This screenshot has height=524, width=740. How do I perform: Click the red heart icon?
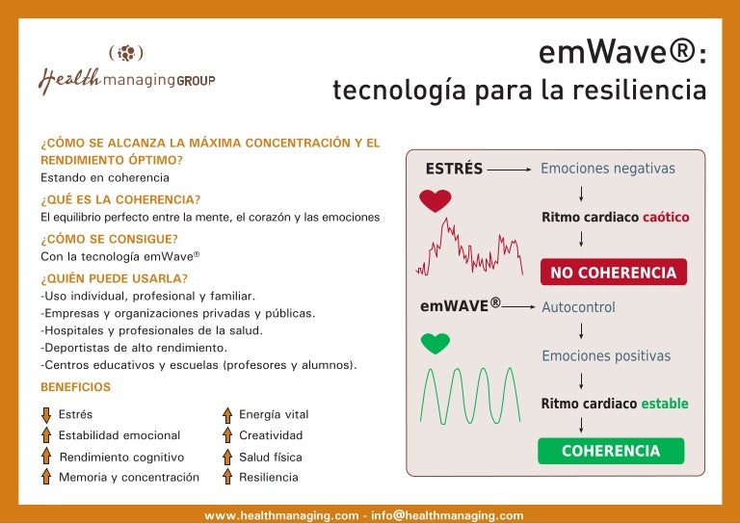pyautogui.click(x=436, y=200)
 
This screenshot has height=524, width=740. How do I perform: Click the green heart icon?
pyautogui.click(x=436, y=343)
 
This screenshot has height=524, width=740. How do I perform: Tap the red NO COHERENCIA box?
pyautogui.click(x=613, y=273)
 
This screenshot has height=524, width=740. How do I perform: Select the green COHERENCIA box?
pyautogui.click(x=610, y=451)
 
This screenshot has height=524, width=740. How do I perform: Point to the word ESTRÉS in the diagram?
pyautogui.click(x=454, y=169)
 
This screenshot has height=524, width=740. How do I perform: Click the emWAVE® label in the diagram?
pyautogui.click(x=461, y=306)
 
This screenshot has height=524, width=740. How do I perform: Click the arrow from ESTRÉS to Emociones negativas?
pyautogui.click(x=509, y=170)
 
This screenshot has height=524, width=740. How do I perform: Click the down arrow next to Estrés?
pyautogui.click(x=45, y=415)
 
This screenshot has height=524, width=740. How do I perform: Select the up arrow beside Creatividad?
pyautogui.click(x=227, y=436)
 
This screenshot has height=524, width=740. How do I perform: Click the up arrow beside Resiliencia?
pyautogui.click(x=227, y=477)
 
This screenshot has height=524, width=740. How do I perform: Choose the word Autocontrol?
pyautogui.click(x=578, y=308)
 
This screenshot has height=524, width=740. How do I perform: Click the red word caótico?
pyautogui.click(x=666, y=218)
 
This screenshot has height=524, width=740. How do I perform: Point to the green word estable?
pyautogui.click(x=665, y=404)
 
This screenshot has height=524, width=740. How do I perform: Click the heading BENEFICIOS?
pyautogui.click(x=75, y=387)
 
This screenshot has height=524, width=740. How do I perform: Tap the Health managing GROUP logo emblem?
pyautogui.click(x=126, y=53)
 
